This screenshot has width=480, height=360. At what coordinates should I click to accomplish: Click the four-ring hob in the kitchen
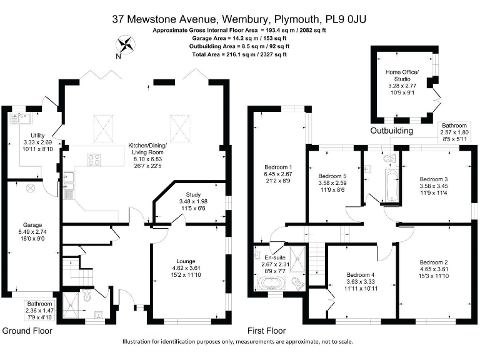coord(94,160)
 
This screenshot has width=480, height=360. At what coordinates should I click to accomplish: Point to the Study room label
coord(193,194)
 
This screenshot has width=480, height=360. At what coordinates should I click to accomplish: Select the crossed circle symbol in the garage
coord(29,188)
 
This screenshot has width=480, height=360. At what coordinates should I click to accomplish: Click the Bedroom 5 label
coord(332,177)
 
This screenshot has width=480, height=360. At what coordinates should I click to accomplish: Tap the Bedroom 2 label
coord(434,262)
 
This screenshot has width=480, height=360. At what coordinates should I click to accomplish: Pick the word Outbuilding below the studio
coord(391,131)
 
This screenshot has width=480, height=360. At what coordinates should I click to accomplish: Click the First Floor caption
coord(266,331)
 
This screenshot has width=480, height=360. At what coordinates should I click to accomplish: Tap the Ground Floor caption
coord(27,331)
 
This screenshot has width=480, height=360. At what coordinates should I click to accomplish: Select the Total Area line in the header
coord(239,54)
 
